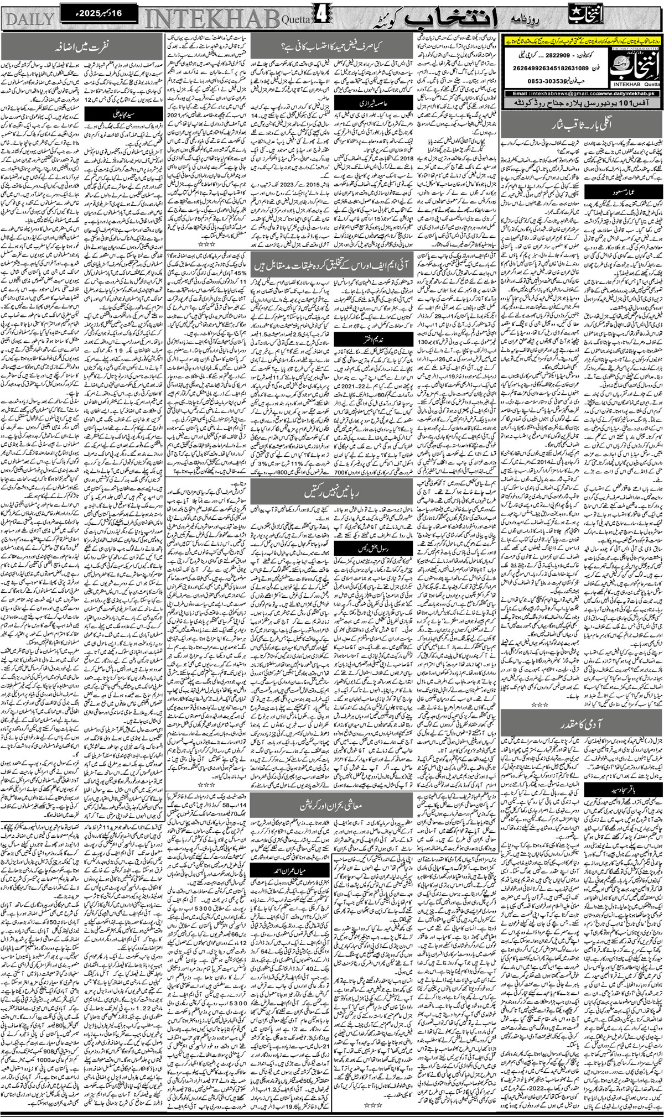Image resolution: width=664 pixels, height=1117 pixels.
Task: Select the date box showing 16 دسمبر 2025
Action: [x=90, y=11]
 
